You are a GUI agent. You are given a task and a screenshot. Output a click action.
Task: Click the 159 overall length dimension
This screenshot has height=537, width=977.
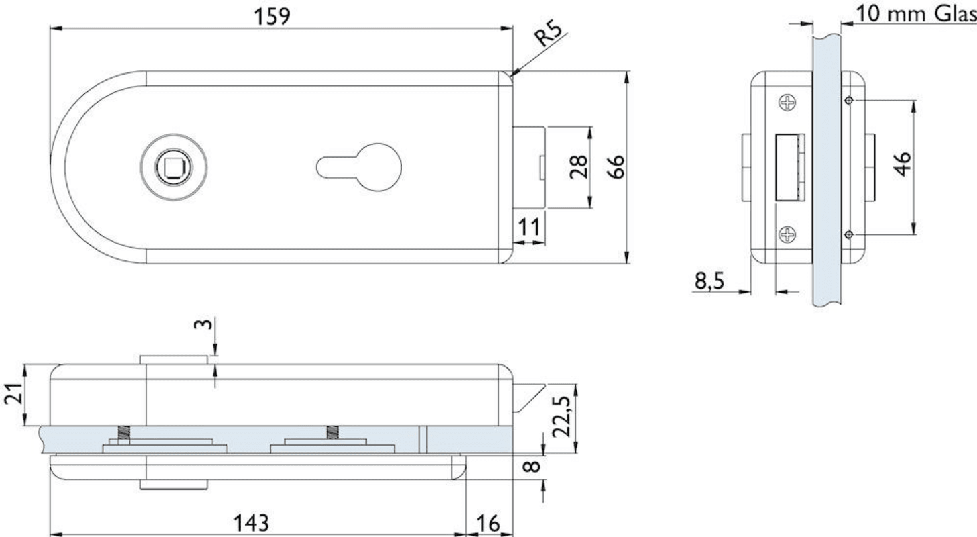[272, 17]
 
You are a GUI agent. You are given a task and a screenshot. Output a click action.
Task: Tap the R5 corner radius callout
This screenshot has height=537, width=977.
[549, 34]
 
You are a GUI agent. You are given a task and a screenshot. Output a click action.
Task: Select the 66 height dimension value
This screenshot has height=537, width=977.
[616, 166]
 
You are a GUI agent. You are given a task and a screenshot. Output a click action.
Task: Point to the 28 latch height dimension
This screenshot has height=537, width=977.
[579, 166]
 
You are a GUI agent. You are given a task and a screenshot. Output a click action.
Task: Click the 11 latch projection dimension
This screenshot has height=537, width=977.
[529, 227]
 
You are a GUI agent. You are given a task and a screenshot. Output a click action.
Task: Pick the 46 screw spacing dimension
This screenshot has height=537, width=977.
[903, 164]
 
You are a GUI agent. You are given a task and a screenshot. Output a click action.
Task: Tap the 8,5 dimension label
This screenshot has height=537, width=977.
[709, 281]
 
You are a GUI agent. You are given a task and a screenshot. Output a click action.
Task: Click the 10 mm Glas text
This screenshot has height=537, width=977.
[916, 14]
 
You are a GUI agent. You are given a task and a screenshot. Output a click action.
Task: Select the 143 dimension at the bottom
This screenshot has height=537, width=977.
[251, 523]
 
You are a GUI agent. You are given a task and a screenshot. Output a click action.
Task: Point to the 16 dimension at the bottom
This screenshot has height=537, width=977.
[487, 523]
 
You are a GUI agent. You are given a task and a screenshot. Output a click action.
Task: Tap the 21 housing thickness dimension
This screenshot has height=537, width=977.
[13, 394]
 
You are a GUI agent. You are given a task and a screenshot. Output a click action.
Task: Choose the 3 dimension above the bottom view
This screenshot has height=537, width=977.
[203, 324]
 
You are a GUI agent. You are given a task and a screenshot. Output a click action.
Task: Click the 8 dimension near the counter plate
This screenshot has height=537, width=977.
[531, 467]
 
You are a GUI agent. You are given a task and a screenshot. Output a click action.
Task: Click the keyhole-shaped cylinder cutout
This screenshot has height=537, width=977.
[359, 167]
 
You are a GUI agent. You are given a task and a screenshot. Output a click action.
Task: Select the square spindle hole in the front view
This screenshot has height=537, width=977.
[174, 167]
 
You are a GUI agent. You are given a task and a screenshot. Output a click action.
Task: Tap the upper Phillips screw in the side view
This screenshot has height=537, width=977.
[787, 103]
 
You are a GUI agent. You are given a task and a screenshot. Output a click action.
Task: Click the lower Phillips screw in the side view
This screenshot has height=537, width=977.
[787, 234]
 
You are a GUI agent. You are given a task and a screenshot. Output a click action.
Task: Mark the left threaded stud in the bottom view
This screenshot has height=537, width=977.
[124, 433]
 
